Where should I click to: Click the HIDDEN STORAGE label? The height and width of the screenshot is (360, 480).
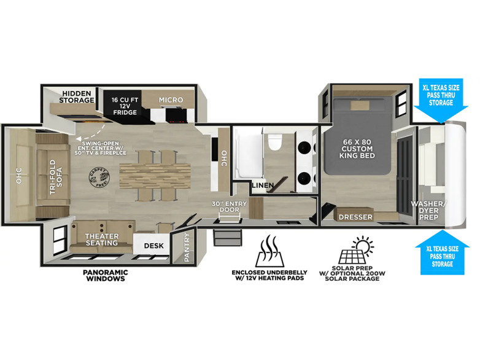[x=77, y=96]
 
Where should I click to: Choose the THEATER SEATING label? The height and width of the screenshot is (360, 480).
[x=102, y=238]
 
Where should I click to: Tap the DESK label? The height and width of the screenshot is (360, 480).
[x=153, y=246]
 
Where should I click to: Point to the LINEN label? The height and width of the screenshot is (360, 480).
[x=262, y=185]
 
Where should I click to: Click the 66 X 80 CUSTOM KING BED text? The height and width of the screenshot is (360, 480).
[x=357, y=148]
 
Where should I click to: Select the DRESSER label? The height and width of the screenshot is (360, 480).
[x=355, y=217]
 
